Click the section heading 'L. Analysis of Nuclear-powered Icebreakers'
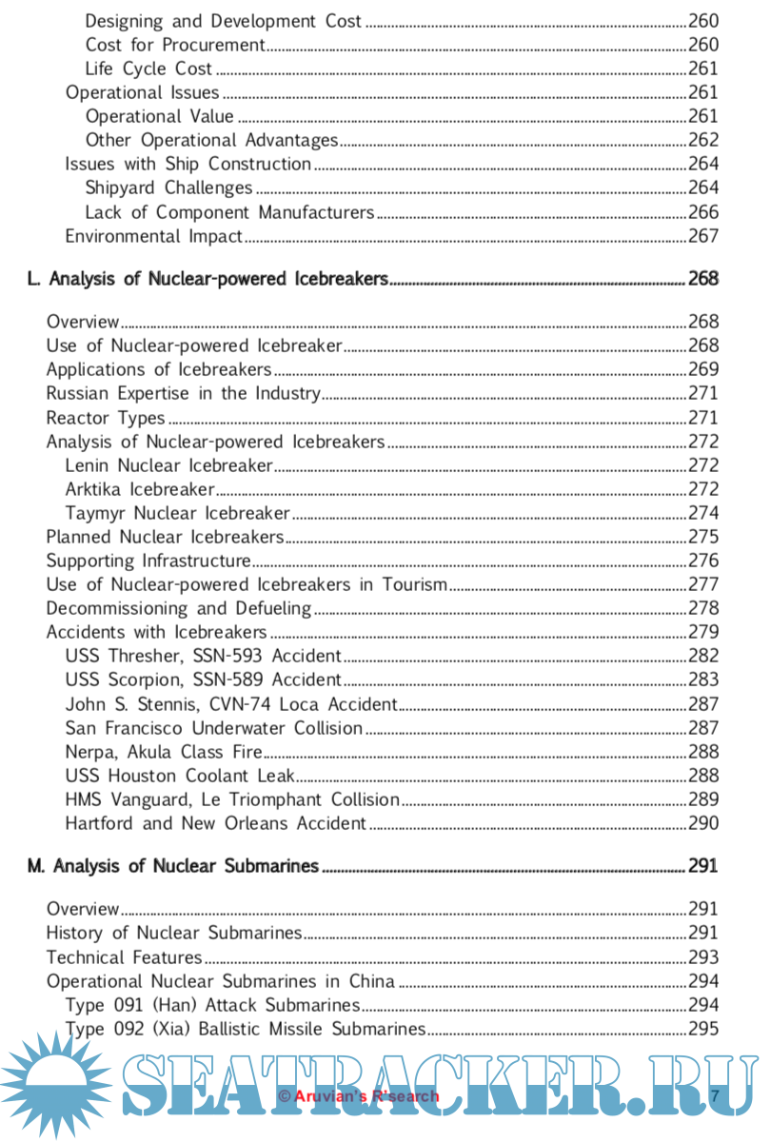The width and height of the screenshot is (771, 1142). point(208,279)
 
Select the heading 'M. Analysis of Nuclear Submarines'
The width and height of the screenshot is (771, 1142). point(172,866)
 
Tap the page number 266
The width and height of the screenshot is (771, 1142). point(702,212)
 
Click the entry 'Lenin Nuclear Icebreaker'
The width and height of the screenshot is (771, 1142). point(168,465)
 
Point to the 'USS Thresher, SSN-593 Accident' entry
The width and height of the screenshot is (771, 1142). point(203,656)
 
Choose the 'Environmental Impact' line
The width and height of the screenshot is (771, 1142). point(153,236)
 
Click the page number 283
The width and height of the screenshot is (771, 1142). point(702,679)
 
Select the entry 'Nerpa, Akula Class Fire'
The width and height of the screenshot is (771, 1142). point(165,752)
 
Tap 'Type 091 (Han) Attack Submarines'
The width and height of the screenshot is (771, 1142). point(212,1005)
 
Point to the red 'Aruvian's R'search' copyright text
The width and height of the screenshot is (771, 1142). point(359,1096)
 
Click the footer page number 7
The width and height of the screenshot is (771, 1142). point(715,1095)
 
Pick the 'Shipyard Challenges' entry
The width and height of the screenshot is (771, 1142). point(168,187)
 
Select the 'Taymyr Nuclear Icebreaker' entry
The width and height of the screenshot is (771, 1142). point(177,514)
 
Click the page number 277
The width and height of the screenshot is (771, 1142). point(702,584)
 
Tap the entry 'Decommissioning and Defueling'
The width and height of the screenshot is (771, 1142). point(179,608)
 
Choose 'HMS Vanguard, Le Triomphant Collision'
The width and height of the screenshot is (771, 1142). point(232,799)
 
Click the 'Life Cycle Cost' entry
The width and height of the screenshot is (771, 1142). point(148,69)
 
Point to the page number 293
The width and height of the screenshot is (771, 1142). point(702,957)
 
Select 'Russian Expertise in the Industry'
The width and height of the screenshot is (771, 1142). point(183,393)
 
